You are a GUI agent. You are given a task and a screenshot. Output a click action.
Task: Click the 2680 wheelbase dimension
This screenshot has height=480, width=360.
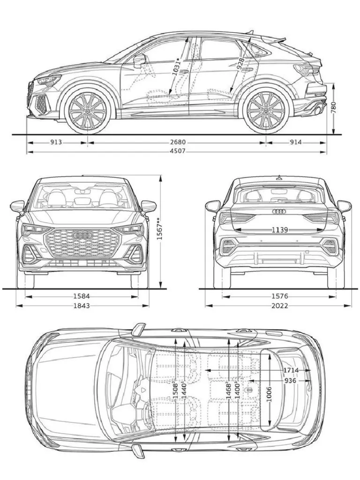[178, 142]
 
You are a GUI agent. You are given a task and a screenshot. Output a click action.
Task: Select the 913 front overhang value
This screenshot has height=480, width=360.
[56, 142]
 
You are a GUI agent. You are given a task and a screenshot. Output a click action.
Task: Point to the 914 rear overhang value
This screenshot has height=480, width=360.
[295, 142]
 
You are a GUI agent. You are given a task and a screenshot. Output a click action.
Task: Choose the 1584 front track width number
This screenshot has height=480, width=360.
[82, 296]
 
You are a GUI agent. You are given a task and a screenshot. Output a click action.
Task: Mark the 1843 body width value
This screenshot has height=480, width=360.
[82, 306]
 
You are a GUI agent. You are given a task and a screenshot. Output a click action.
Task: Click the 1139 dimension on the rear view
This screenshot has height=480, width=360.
[280, 230]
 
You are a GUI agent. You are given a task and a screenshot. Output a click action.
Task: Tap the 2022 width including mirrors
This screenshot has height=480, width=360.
[279, 306]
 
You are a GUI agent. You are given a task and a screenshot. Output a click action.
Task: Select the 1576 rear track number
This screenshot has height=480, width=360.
[279, 296]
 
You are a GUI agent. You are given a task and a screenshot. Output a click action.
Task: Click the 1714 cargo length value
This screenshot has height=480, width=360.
[291, 370]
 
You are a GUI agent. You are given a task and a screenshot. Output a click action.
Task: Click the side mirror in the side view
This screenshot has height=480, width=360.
[139, 60]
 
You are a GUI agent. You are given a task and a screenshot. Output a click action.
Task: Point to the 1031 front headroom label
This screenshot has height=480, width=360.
[176, 67]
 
